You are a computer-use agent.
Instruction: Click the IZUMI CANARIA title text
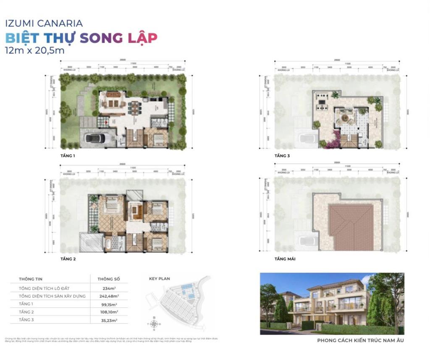[x=44, y=23]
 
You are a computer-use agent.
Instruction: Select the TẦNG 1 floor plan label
[x=68, y=156]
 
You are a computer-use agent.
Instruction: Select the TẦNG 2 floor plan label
[x=68, y=259]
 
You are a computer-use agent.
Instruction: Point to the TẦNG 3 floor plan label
[x=282, y=156]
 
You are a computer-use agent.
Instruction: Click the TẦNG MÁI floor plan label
[x=285, y=259]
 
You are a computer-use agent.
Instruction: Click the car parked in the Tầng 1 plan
[x=97, y=138]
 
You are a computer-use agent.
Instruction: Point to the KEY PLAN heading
[x=160, y=278]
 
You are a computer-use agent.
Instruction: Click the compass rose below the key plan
[x=155, y=323]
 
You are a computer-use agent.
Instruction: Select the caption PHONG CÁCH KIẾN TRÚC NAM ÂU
[x=360, y=340]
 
